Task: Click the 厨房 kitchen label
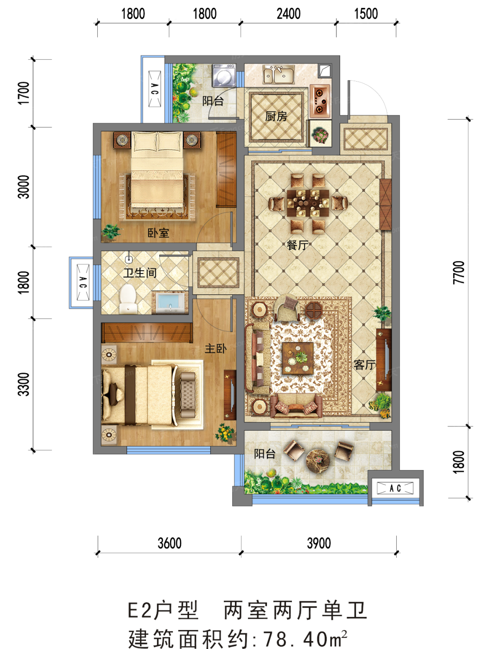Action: point(276,116)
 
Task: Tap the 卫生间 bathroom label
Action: point(140,273)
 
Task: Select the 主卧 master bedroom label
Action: point(215,349)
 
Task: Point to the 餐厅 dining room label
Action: point(298,245)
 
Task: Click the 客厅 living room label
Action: point(365,365)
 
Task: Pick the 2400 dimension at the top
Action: point(289,14)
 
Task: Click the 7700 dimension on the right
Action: point(459,273)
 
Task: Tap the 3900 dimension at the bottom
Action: point(319,543)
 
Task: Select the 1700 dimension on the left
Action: point(24,93)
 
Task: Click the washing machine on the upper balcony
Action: point(224,76)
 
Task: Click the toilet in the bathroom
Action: point(128,299)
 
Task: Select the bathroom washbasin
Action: point(170,302)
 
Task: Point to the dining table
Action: point(308,203)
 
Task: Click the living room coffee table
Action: point(298,358)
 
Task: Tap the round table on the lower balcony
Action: point(318,461)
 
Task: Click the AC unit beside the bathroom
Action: point(83,282)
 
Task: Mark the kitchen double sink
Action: point(279,75)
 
